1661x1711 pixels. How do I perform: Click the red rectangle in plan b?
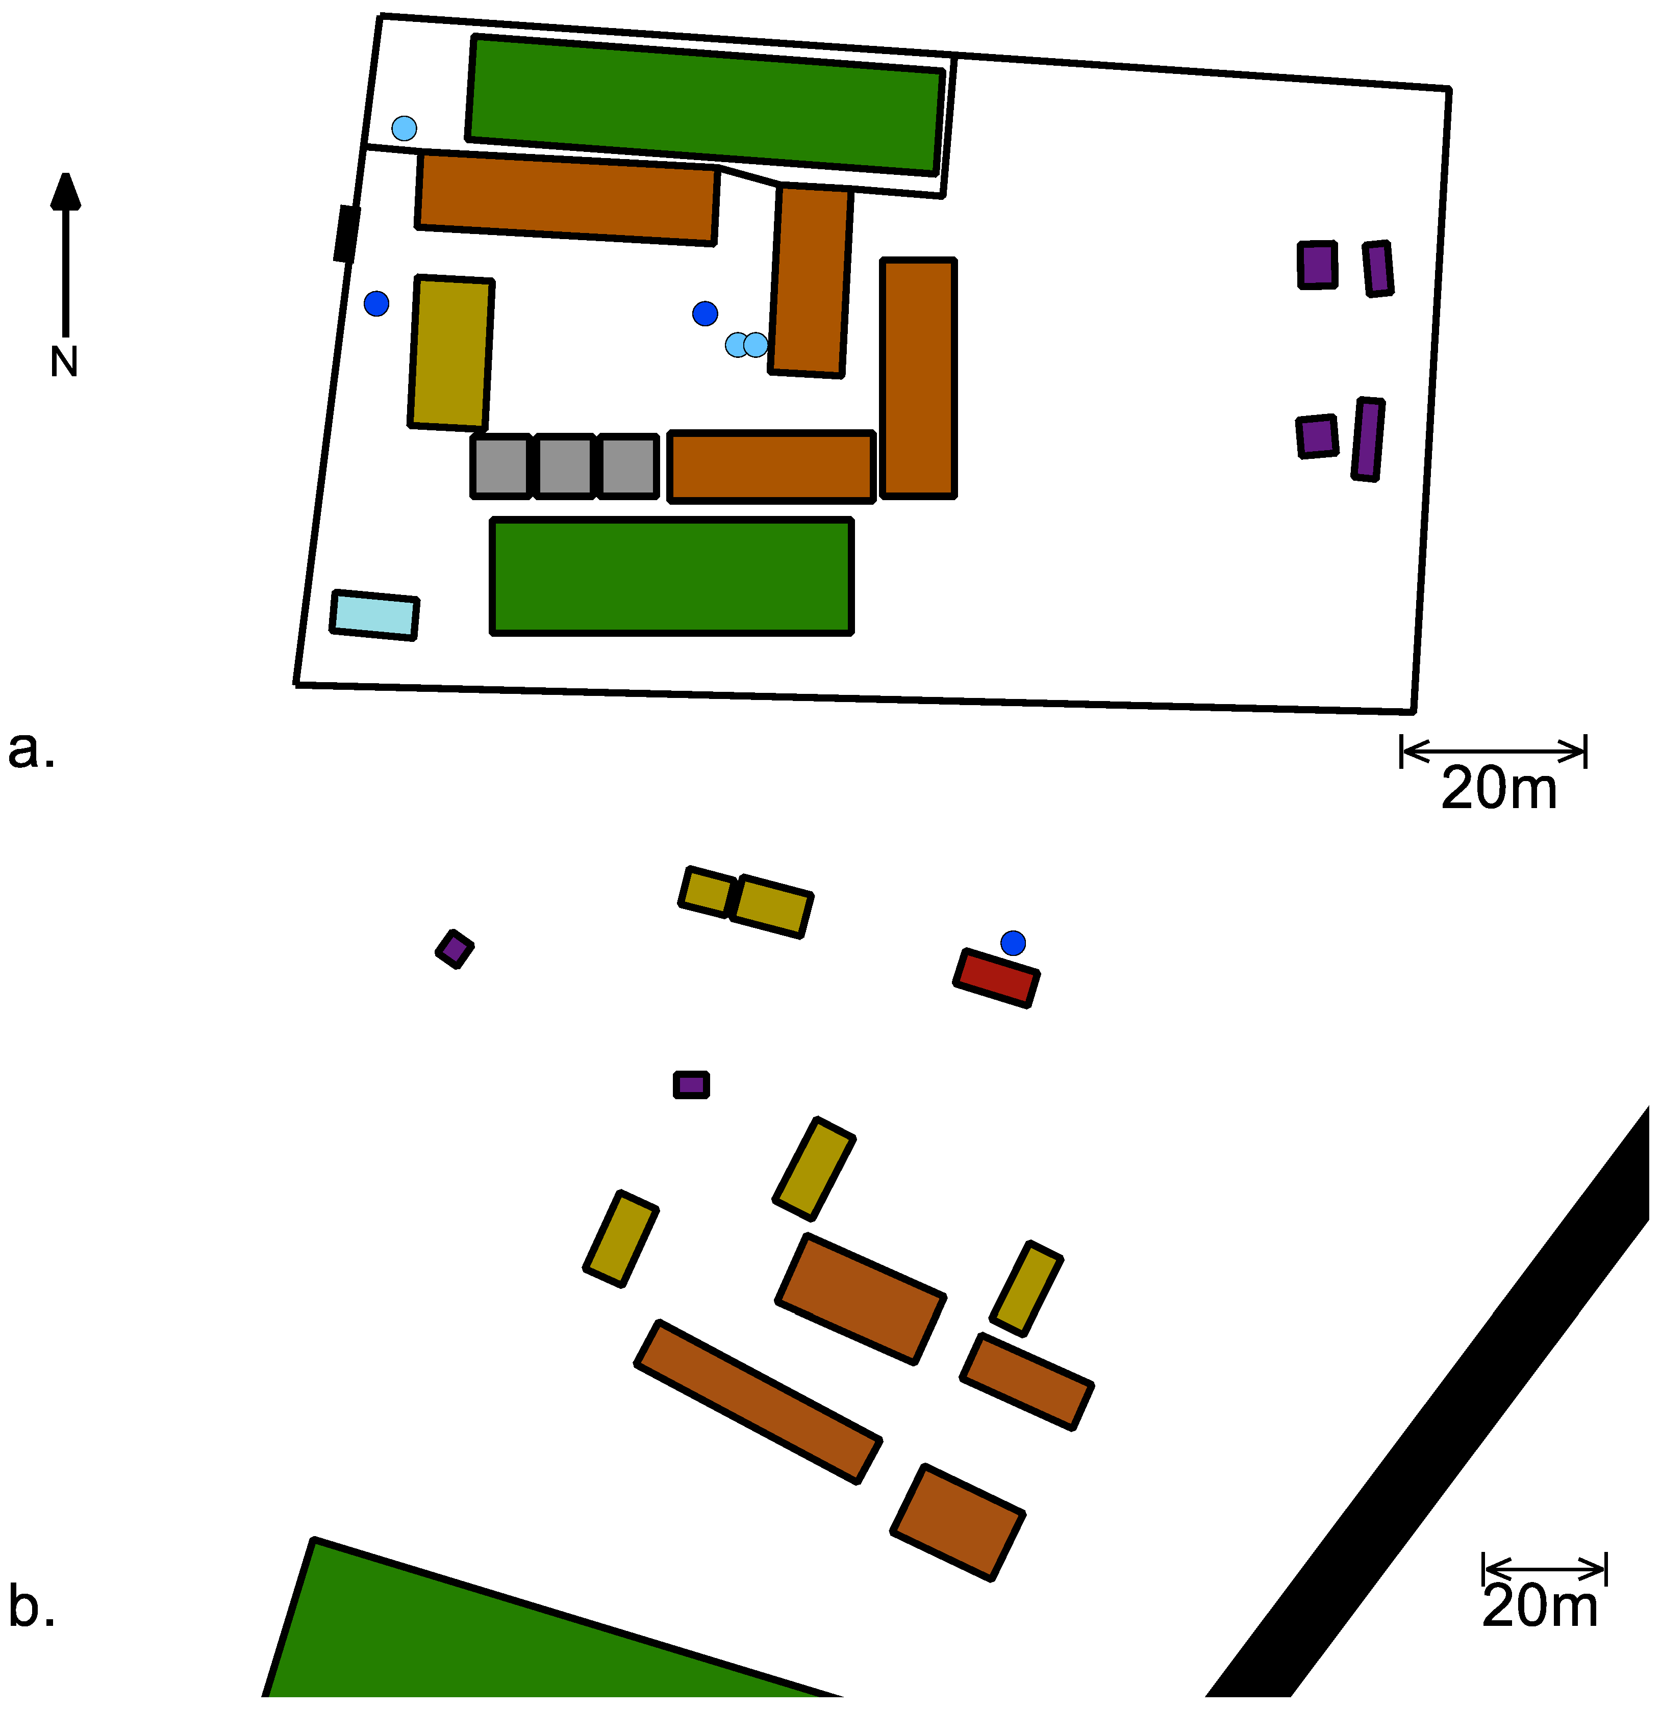point(996,978)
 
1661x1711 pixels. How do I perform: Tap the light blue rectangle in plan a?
point(374,615)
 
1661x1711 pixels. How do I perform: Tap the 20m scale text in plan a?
point(1499,788)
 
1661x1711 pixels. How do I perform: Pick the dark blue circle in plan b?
point(1013,943)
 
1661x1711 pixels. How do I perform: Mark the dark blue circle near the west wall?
point(376,304)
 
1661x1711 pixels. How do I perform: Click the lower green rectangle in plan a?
point(671,576)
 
